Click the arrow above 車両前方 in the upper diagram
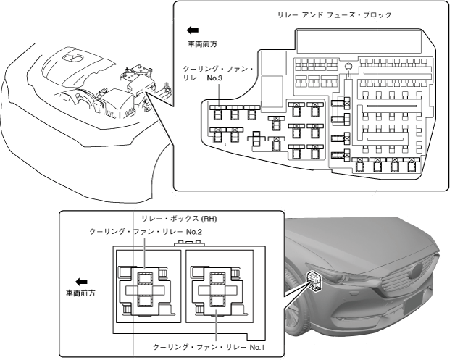[x=193, y=30]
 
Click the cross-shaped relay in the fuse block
[x=257, y=137]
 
